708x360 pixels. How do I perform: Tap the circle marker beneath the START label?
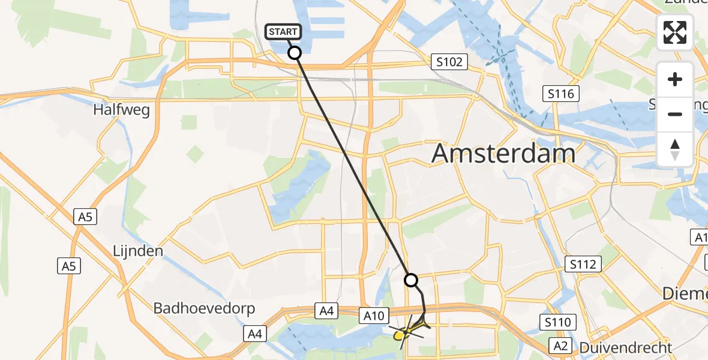coord(295,53)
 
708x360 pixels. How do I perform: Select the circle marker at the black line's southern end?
coord(411,280)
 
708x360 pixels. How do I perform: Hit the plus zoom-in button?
coord(675,79)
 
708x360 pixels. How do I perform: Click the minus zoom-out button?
coord(675,114)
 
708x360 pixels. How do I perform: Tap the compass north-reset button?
coord(675,149)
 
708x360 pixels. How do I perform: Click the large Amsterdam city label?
coord(503,154)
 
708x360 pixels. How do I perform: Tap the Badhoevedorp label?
coord(205,308)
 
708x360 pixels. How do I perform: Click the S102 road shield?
coord(449,61)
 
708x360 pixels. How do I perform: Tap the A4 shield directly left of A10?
coord(326,311)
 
